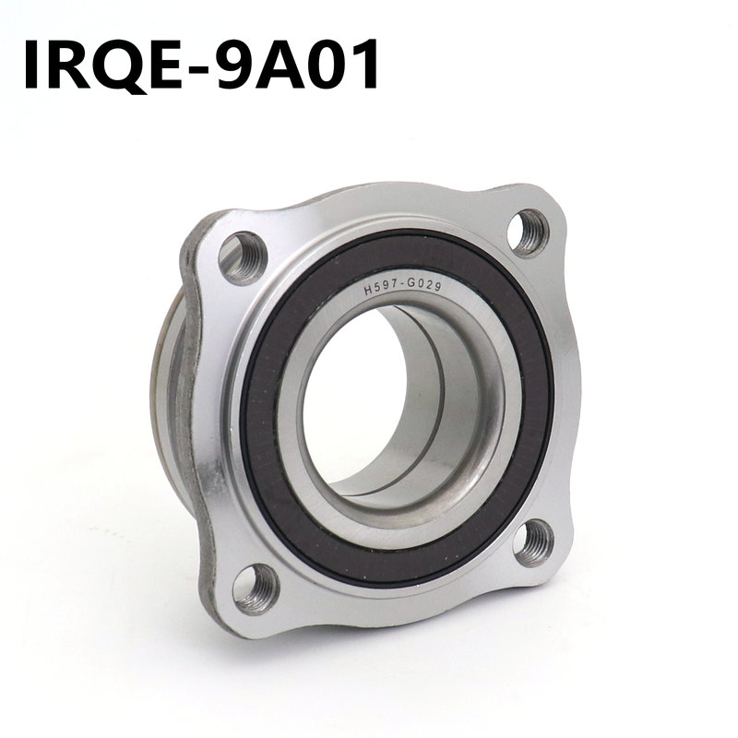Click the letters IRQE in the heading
[x=105, y=62]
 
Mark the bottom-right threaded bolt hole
[x=533, y=542]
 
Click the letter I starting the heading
[x=34, y=62]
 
